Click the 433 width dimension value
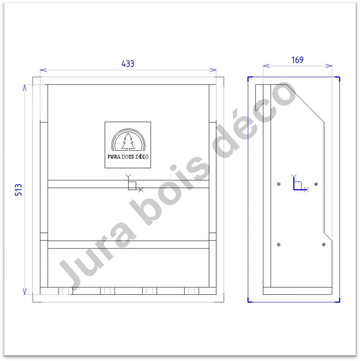[128, 63]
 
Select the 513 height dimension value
[18, 190]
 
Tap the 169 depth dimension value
[297, 60]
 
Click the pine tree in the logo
[128, 141]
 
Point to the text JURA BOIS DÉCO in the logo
[128, 157]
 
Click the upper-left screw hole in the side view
[279, 184]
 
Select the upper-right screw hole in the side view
[316, 184]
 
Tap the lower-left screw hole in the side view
[279, 245]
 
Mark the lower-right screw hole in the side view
[324, 245]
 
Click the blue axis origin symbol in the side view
[299, 184]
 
